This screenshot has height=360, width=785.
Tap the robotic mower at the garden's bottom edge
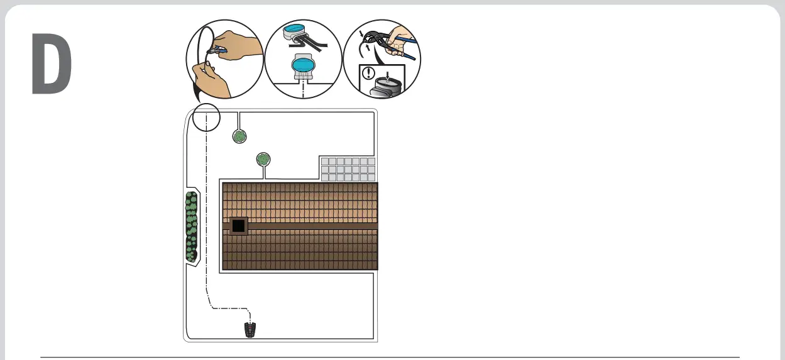(x=251, y=329)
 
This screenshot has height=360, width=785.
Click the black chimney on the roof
(x=238, y=226)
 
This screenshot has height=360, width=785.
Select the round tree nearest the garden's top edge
(x=239, y=136)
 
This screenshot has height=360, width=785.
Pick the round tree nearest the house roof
(x=263, y=159)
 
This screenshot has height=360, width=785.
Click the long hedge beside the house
(x=191, y=226)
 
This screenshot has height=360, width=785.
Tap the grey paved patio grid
(x=348, y=169)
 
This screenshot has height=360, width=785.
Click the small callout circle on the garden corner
(x=206, y=117)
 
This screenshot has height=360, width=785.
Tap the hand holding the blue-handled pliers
(x=398, y=40)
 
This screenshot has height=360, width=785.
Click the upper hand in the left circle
(x=241, y=45)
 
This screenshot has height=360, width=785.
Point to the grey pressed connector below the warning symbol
(x=387, y=84)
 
